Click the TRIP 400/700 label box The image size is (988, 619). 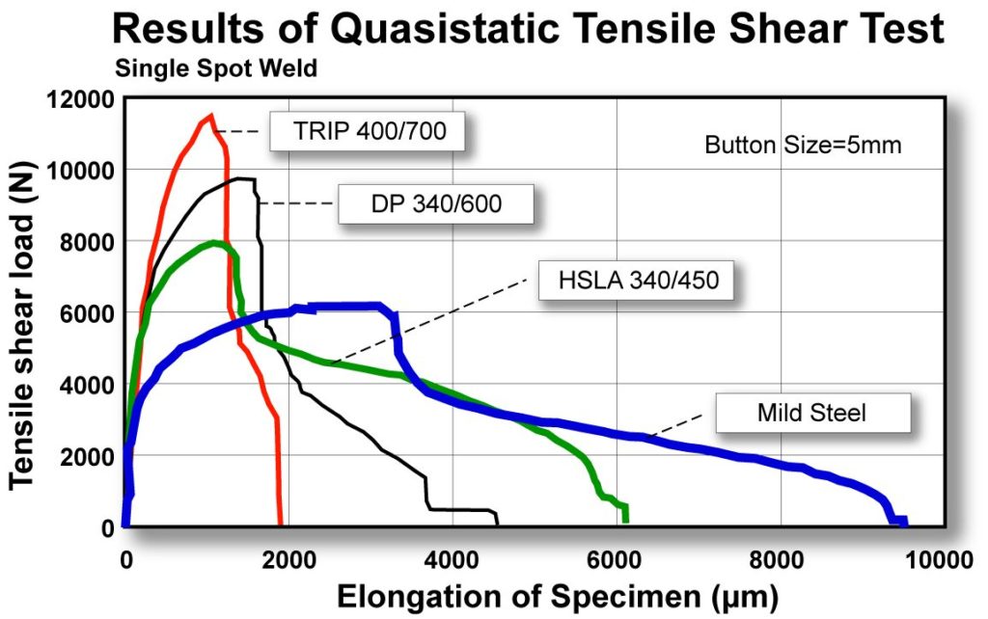pyautogui.click(x=368, y=131)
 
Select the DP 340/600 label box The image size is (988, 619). pyautogui.click(x=436, y=203)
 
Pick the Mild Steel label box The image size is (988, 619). pyautogui.click(x=812, y=414)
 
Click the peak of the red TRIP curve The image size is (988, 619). pyautogui.click(x=209, y=117)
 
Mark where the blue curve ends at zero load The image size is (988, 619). pyautogui.click(x=904, y=524)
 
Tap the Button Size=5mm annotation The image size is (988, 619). pyautogui.click(x=803, y=147)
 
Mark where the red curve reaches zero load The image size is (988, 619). pyautogui.click(x=281, y=525)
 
